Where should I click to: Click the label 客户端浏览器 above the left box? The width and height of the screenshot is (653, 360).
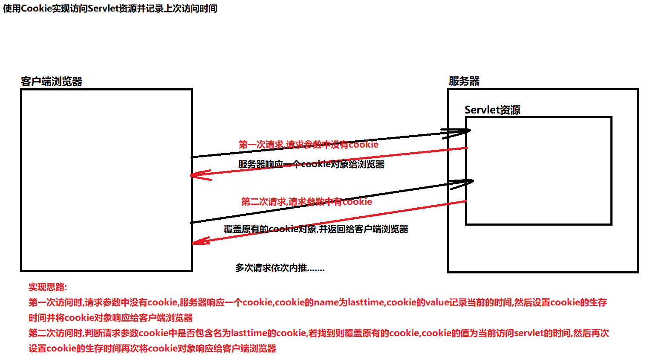pyautogui.click(x=52, y=81)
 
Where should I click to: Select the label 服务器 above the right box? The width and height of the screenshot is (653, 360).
pyautogui.click(x=464, y=81)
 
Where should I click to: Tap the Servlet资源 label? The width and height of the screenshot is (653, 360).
pyautogui.click(x=492, y=110)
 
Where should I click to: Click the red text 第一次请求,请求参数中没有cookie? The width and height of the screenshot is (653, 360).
pyautogui.click(x=308, y=145)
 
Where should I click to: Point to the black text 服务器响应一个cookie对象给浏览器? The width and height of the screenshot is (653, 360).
pyautogui.click(x=311, y=164)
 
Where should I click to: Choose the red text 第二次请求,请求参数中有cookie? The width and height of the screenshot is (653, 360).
pyautogui.click(x=306, y=201)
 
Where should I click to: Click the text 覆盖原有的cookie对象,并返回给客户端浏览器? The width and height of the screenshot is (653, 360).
pyautogui.click(x=316, y=229)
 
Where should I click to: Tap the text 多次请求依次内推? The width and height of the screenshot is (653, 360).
pyautogui.click(x=280, y=268)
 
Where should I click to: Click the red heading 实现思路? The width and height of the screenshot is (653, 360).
pyautogui.click(x=48, y=287)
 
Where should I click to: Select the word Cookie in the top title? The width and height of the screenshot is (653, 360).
pyautogui.click(x=36, y=9)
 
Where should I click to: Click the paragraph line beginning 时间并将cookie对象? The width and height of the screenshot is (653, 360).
pyautogui.click(x=110, y=318)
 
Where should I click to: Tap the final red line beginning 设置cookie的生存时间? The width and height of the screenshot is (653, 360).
pyautogui.click(x=152, y=348)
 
